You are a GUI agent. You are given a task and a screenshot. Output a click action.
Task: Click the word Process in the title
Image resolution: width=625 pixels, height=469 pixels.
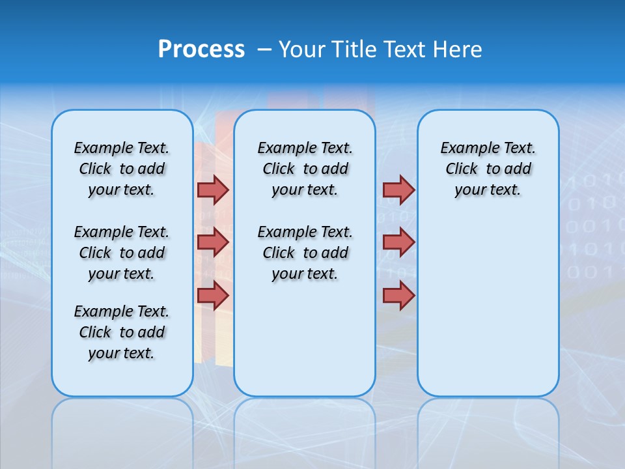coord(201,50)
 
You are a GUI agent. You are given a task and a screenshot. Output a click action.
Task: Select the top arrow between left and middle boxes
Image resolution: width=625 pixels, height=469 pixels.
coord(213,190)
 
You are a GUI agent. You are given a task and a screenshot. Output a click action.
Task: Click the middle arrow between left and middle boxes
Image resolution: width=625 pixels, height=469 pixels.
coord(213,242)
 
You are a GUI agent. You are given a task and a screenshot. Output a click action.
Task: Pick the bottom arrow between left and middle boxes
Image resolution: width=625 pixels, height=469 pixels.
coord(213,295)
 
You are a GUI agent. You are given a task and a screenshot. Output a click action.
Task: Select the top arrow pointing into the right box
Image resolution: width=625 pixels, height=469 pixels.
coord(398,190)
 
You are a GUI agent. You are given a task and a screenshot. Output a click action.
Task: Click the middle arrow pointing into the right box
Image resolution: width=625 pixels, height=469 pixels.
coord(398,242)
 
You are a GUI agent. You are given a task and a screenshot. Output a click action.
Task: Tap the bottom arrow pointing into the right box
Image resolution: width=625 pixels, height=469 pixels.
coord(398,295)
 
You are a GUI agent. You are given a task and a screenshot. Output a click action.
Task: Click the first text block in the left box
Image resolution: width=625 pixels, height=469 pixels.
coord(122,169)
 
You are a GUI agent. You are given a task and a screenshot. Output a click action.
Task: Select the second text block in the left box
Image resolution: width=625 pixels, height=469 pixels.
coord(122,253)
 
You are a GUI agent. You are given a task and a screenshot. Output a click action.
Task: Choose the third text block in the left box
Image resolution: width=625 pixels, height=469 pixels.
coord(122,332)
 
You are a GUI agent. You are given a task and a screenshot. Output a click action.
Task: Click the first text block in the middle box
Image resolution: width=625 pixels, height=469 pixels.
coord(305,169)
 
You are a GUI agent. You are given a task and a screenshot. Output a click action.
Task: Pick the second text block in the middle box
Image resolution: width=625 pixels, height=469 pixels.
coord(305,253)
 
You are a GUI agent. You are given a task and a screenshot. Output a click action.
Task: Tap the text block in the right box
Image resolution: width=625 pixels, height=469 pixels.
coord(488,169)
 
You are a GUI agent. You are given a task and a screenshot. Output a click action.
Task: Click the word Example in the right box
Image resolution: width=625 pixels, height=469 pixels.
coord(465,149)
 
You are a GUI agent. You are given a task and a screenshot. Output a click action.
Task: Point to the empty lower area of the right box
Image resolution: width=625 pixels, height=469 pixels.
coord(488,306)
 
